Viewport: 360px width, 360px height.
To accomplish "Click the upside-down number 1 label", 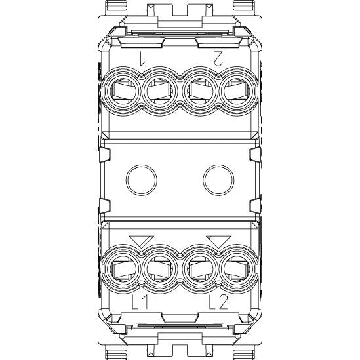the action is pyautogui.click(x=142, y=58).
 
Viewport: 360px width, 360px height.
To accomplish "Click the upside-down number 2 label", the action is pyautogui.click(x=218, y=58).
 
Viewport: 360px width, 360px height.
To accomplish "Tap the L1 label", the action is pyautogui.click(x=140, y=302).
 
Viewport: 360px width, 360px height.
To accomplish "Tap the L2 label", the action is pyautogui.click(x=218, y=302).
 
